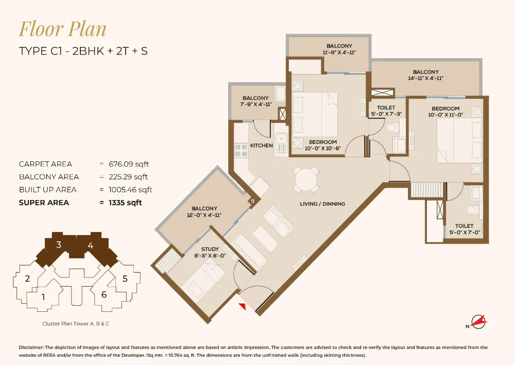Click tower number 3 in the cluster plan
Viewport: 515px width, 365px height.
(x=59, y=245)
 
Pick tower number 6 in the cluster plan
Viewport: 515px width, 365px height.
(x=104, y=295)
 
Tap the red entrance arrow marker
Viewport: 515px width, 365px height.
(x=242, y=307)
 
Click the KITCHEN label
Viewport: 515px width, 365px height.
(x=261, y=145)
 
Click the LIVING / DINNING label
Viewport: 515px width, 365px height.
(x=322, y=204)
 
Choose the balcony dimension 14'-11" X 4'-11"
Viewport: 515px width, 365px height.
(x=425, y=78)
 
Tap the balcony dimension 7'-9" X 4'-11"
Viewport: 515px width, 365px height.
(x=255, y=104)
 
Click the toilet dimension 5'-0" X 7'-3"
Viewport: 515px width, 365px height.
(x=382, y=112)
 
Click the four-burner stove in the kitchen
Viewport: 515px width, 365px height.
(x=241, y=150)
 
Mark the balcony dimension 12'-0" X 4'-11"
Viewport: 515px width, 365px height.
(x=204, y=215)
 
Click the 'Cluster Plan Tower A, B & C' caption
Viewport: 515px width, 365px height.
(x=76, y=324)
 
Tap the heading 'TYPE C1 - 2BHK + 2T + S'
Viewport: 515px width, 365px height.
(x=83, y=52)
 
